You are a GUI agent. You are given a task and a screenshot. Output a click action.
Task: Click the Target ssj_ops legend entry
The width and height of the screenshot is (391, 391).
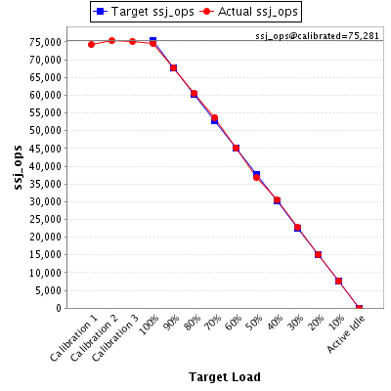pos(144,12)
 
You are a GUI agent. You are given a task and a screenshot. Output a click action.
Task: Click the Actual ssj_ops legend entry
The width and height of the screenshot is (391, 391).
pos(249,12)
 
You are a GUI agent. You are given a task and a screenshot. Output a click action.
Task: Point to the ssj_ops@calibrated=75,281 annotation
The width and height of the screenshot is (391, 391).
pos(317,36)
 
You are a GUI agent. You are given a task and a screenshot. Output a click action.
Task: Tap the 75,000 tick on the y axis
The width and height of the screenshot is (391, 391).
pos(45,42)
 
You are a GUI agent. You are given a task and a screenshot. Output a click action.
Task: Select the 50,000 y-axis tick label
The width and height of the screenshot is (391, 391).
pos(45,131)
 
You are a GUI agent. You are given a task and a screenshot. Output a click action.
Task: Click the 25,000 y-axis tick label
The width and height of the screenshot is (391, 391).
pos(45,219)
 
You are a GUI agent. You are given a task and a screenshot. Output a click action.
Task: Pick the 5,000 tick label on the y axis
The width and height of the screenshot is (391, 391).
pos(49,290)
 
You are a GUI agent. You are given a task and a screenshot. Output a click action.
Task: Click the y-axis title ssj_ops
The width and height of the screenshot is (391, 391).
pos(19,167)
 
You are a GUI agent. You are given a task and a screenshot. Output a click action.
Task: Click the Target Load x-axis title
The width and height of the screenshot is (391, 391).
pos(225,377)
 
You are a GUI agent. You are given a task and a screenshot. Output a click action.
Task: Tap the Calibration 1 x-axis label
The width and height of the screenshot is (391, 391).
pos(74,341)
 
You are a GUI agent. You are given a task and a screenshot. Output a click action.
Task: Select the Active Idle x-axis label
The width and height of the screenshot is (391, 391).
pos(346,334)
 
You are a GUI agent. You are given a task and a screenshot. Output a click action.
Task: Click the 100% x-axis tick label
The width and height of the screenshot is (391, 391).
pos(150,325)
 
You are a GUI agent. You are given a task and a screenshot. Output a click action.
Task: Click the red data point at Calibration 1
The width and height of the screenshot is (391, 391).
pos(91,44)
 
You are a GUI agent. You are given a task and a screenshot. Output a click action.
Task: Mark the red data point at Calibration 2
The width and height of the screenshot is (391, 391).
pos(111,41)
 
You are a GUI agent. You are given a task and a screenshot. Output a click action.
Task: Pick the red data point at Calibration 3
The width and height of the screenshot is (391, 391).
pos(132,41)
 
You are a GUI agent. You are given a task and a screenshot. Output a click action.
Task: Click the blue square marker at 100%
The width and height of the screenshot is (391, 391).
pos(152,41)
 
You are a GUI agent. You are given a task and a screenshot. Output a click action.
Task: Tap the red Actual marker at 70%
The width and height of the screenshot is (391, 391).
pos(214,118)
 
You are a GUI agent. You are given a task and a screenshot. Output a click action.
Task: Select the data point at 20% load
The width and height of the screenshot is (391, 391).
pos(318,255)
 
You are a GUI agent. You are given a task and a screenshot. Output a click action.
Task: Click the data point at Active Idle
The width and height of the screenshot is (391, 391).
pos(359,308)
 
